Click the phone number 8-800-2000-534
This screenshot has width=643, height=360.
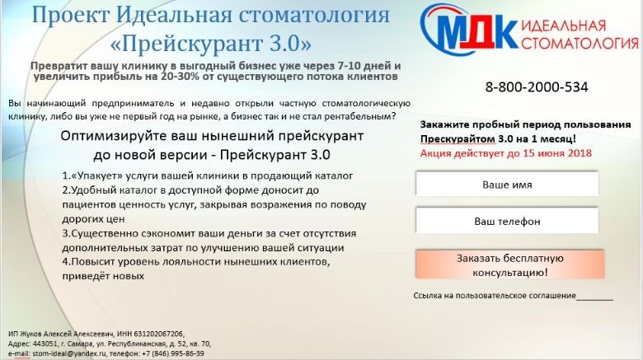537,87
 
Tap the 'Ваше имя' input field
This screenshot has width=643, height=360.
507,184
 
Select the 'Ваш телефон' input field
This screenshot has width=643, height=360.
507,221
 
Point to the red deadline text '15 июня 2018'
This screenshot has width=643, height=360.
557,153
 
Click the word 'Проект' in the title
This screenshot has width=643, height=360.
71,15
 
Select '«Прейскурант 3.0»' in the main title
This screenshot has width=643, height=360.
211,44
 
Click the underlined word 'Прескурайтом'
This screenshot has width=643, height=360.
458,139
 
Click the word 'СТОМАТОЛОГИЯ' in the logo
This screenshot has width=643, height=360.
580,43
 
